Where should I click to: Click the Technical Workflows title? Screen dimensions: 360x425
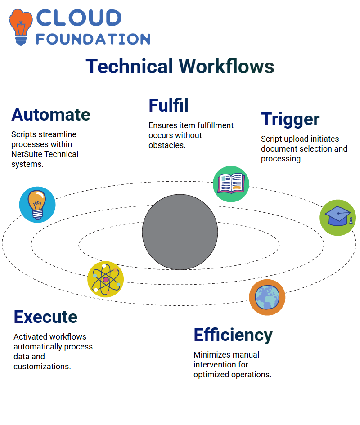coord(180,66)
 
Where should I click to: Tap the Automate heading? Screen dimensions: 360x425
coord(51,114)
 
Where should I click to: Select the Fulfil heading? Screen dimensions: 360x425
coord(168,105)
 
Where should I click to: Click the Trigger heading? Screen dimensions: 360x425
coord(290,120)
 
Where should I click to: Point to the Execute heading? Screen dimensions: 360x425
coord(45,317)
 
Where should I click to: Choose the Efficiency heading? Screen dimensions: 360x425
coord(233,336)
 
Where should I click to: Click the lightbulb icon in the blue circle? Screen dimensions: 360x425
coord(37,205)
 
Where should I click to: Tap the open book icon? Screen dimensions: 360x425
coord(231,184)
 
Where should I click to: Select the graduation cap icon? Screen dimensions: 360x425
coord(338,218)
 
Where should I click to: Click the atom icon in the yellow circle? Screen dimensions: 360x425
coord(106,279)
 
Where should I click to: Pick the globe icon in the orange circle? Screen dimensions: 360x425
coord(267,297)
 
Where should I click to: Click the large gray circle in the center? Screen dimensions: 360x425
coord(180,232)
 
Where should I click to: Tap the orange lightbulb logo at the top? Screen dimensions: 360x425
coord(21,27)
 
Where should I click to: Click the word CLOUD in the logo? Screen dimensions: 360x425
coord(79,18)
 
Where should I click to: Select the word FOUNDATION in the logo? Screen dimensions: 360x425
coord(93,39)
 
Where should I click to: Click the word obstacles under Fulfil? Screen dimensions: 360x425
coord(167,145)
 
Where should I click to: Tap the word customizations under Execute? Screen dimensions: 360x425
coord(42,367)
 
